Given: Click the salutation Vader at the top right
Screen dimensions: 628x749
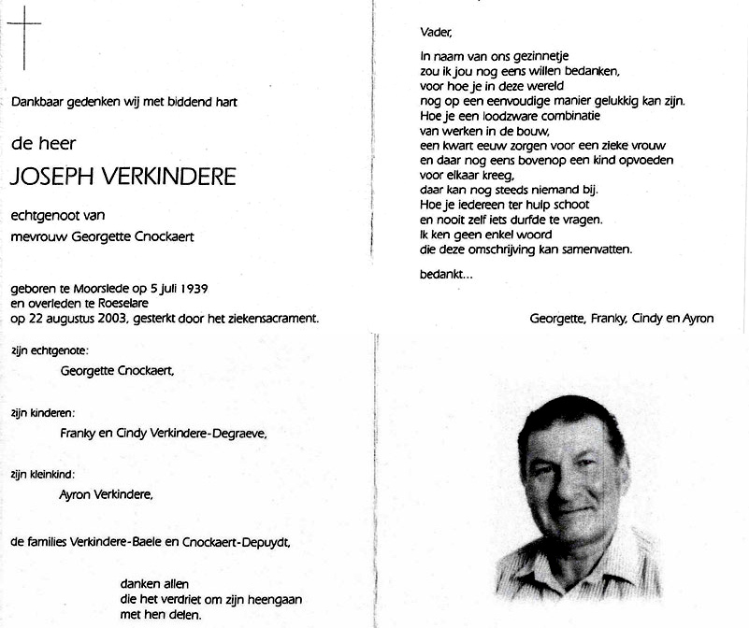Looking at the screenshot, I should tap(436, 33).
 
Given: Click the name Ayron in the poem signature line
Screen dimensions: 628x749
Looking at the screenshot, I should tap(696, 318).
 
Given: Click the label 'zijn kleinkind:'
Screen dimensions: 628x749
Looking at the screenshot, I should tap(43, 474).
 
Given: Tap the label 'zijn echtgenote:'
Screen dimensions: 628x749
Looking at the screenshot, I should tap(50, 350).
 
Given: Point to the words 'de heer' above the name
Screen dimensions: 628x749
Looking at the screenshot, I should tap(43, 143).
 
